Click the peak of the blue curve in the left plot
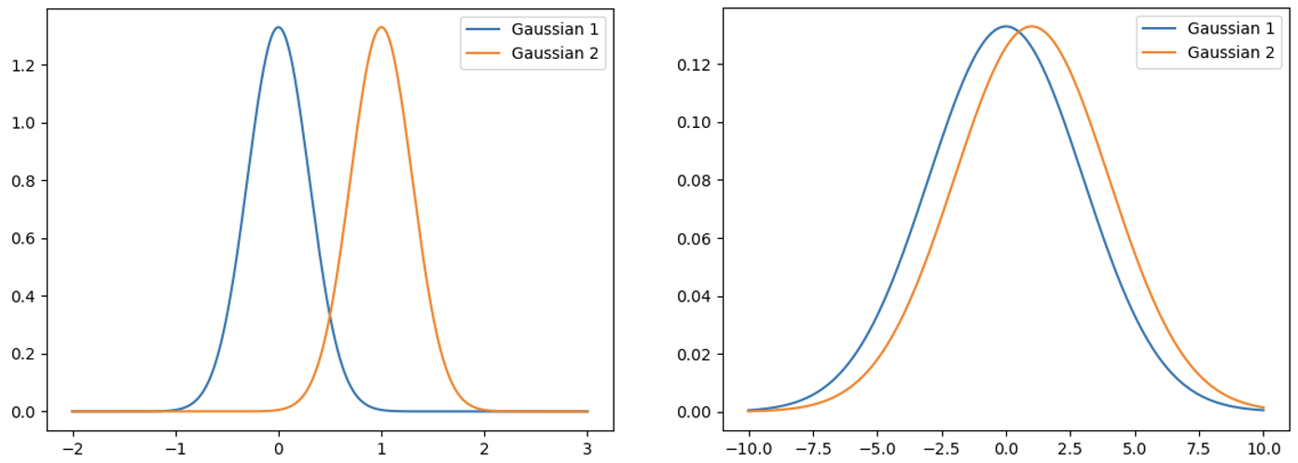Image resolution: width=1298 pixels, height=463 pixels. (278, 27)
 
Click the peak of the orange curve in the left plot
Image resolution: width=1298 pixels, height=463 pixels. (380, 27)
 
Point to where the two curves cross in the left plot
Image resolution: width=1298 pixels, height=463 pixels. (329, 316)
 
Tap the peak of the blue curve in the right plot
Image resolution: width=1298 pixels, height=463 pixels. (1005, 26)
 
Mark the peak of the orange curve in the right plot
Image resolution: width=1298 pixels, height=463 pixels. (1031, 26)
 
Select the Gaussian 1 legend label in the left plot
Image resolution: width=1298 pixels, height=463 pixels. (555, 29)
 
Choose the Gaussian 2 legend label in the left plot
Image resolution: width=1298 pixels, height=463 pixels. (555, 53)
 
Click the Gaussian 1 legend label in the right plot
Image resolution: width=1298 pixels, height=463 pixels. (1231, 29)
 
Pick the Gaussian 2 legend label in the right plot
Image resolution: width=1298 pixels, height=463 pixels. (1231, 53)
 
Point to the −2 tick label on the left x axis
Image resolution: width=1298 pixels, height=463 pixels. (73, 446)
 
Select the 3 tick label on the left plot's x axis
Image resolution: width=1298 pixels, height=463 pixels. (587, 446)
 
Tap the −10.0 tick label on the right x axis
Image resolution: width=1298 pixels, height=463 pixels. (747, 446)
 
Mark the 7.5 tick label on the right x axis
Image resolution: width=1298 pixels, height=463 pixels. (1199, 446)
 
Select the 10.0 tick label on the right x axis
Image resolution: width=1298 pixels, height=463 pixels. (1263, 446)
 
